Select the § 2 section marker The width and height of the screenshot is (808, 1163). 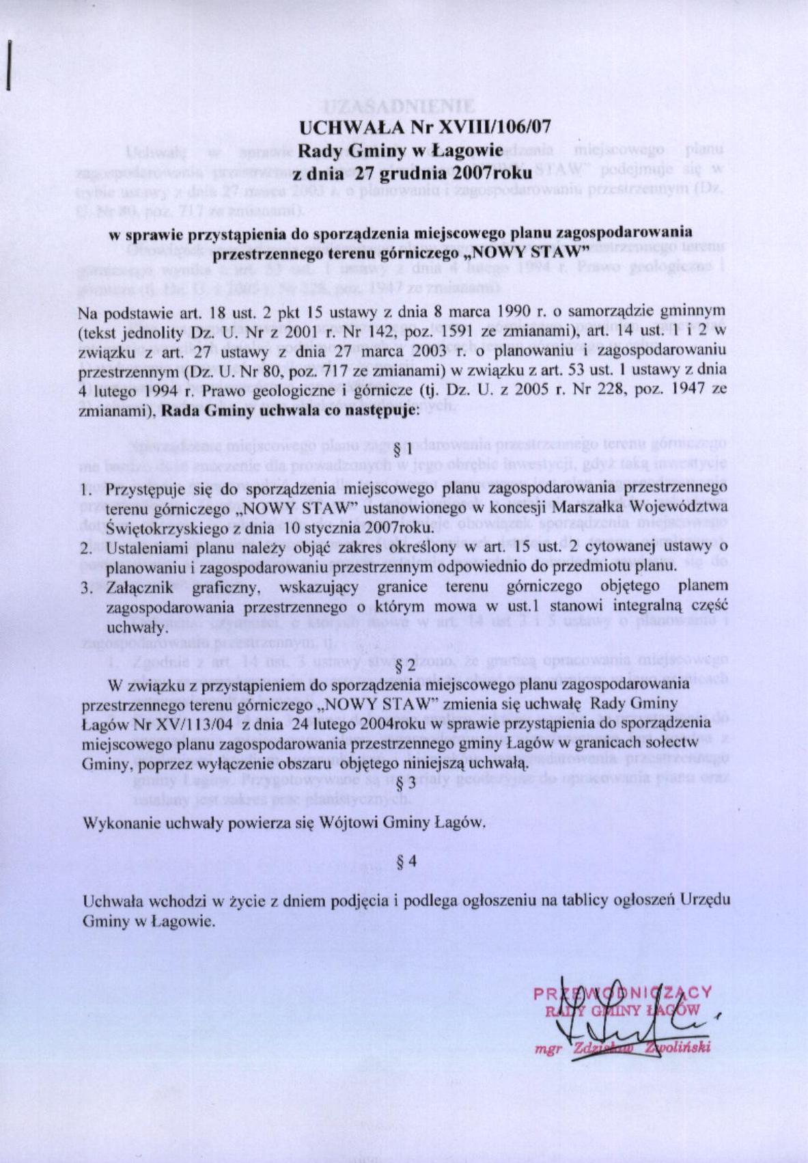tap(406, 664)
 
